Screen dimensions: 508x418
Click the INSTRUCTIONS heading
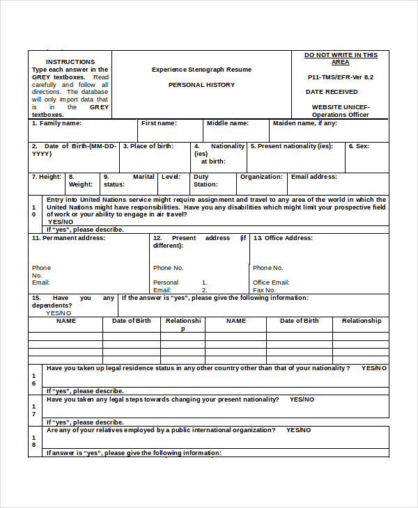pos(70,62)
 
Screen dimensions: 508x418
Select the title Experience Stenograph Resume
pos(201,70)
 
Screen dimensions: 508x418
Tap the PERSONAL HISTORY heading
pos(201,85)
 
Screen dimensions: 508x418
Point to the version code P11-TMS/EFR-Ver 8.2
pos(341,77)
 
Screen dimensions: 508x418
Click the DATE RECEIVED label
pos(332,92)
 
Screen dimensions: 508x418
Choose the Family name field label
pos(56,123)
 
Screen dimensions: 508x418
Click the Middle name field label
pos(227,123)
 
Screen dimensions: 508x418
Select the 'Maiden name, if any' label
pos(304,123)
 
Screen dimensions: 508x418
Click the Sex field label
pos(359,146)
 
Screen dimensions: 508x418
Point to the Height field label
pos(47,177)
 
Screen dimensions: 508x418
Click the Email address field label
pos(313,177)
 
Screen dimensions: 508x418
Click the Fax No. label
pos(264,290)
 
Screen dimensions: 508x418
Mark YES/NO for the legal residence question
pos(374,368)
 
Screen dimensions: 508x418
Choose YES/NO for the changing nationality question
pos(302,399)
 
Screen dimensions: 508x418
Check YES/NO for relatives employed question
pos(298,430)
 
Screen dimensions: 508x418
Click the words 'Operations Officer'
pos(340,115)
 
